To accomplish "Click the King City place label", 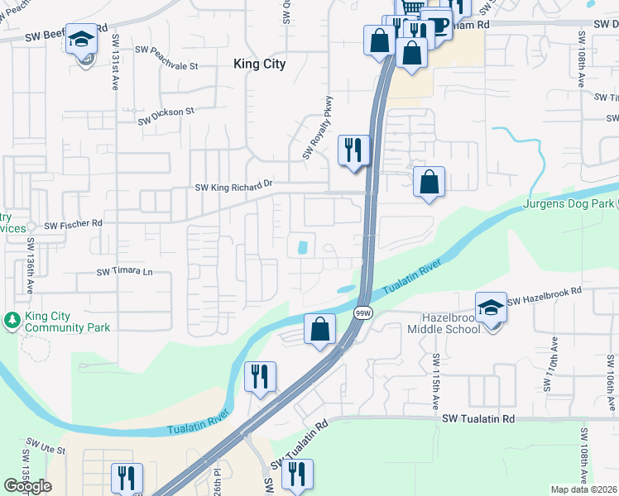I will (259, 64).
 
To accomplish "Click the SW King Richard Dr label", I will (233, 187).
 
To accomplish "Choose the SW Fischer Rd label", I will (73, 224).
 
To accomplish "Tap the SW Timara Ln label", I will (125, 272).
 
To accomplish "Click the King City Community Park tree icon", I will (12, 319).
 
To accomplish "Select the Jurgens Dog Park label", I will (570, 203).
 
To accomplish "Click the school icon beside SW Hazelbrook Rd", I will (491, 308).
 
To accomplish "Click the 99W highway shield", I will (362, 313).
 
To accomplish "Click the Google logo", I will (27, 486).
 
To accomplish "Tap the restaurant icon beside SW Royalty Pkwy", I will (353, 150).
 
